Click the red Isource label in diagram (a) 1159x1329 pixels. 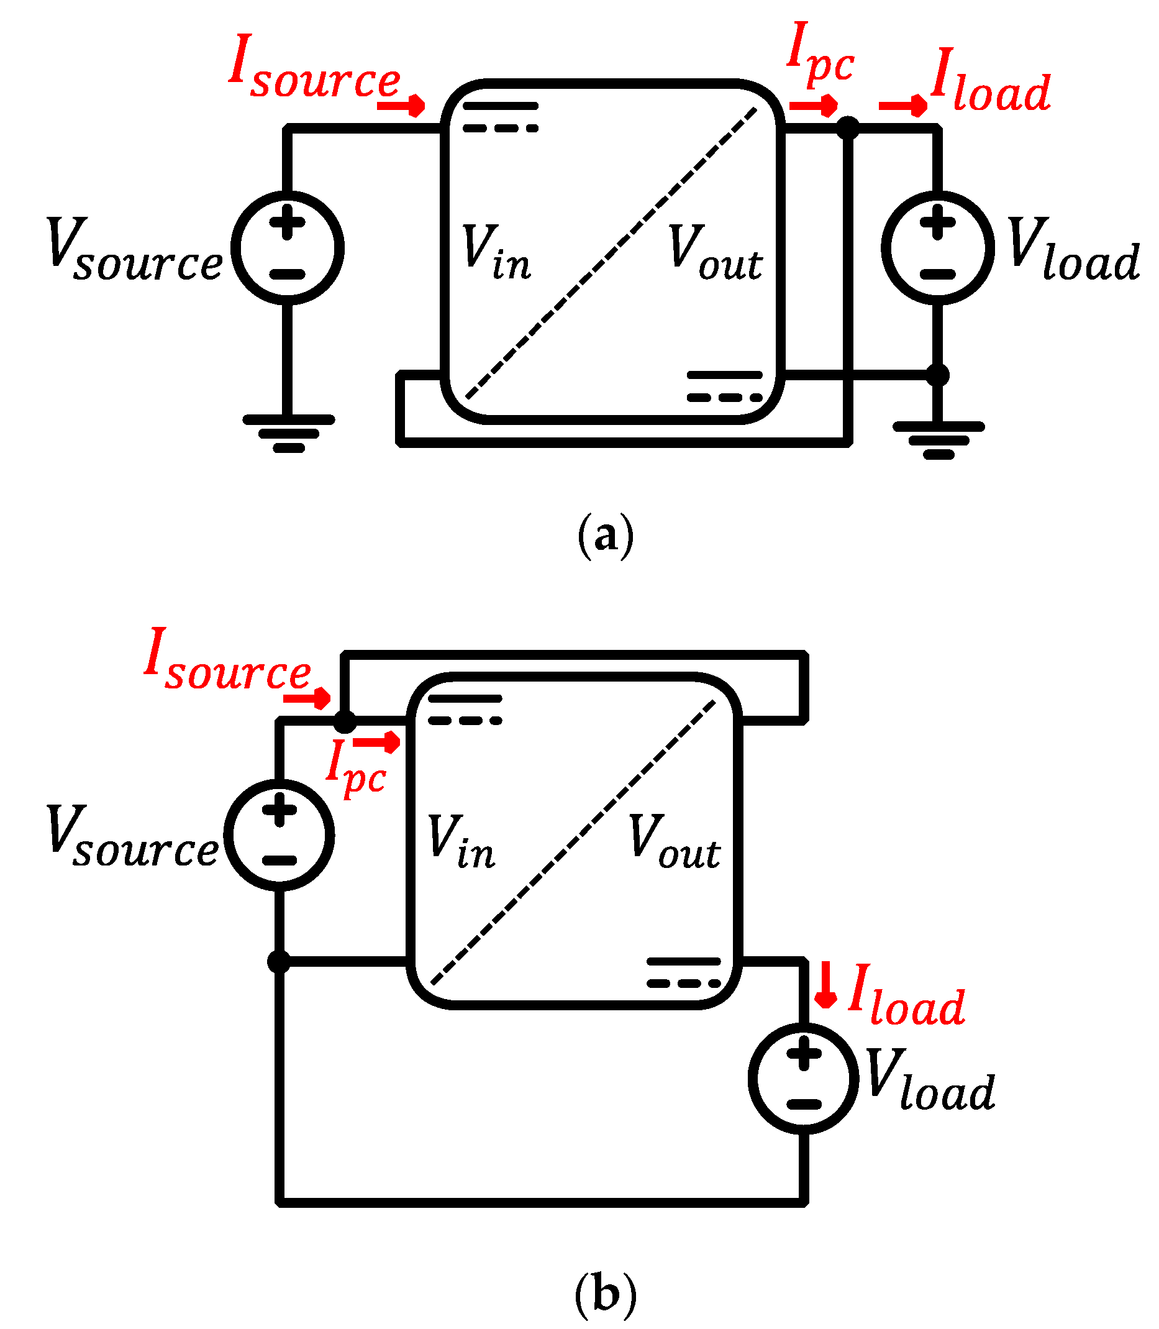[315, 68]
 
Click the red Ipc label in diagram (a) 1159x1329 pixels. [819, 54]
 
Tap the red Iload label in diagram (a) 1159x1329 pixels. [989, 80]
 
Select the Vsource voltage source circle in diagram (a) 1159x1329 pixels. [288, 248]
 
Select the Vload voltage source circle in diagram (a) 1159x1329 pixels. [937, 248]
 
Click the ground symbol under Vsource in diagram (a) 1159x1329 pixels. [288, 433]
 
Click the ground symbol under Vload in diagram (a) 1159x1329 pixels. [938, 440]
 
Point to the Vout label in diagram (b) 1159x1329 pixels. [673, 843]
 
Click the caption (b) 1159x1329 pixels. [606, 1294]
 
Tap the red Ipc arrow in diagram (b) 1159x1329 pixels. [377, 742]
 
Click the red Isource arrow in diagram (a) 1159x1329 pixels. [401, 105]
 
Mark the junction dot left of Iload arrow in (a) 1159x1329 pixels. [848, 127]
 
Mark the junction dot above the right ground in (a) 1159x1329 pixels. [938, 375]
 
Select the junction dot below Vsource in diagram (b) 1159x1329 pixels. [280, 961]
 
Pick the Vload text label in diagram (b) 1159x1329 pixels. [930, 1081]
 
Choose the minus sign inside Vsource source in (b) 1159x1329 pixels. [280, 861]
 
